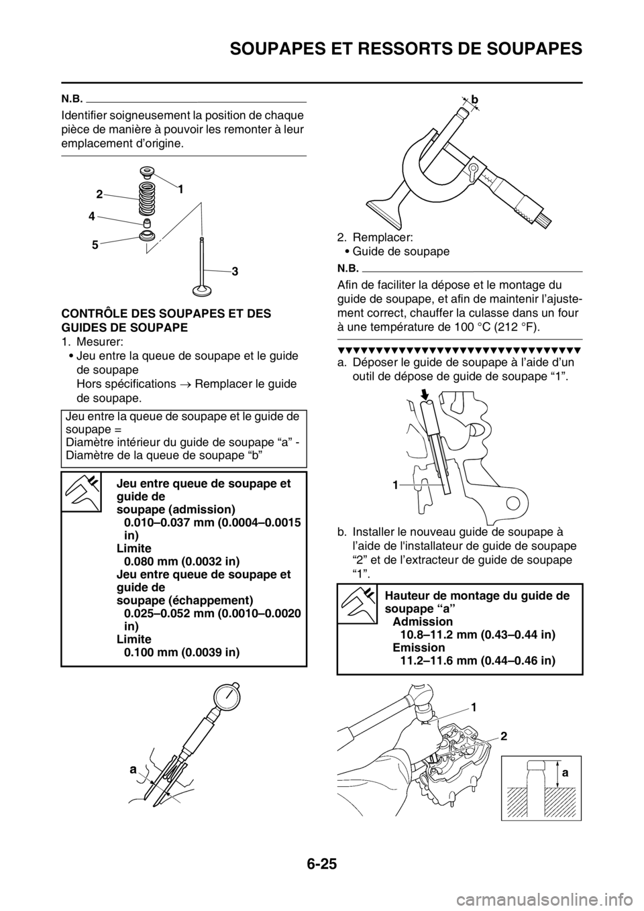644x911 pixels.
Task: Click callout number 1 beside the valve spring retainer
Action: (179, 190)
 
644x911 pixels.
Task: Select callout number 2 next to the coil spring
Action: (99, 194)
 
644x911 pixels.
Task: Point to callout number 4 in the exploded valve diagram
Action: (92, 217)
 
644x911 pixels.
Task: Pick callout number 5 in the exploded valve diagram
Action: (95, 245)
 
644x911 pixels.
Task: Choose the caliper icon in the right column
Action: (356, 604)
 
